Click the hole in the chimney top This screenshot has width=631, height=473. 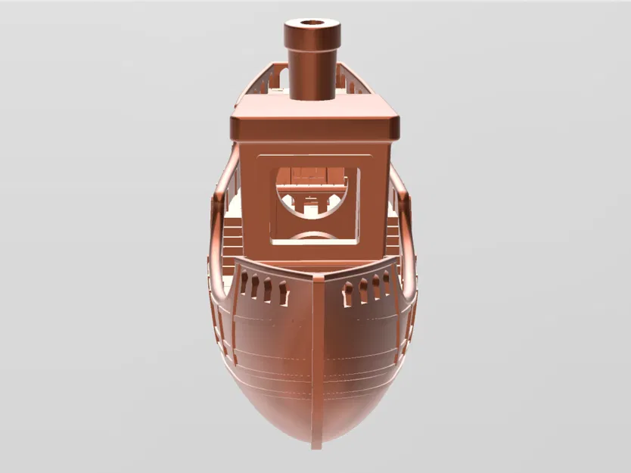point(312,23)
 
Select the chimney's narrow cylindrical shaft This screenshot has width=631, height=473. point(312,76)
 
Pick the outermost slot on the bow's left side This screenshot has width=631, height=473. point(244,283)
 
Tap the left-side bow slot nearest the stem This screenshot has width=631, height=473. point(283,293)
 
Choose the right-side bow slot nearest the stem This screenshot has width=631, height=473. point(349,294)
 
